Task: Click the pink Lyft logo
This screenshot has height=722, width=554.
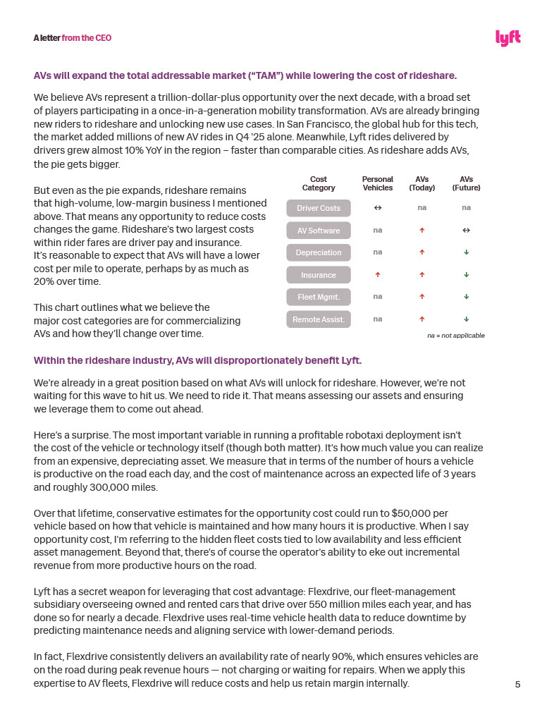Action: pos(507,38)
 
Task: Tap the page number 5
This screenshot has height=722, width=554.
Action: pos(517,685)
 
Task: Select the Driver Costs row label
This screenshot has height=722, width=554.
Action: pos(318,208)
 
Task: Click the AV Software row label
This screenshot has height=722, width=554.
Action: pos(318,231)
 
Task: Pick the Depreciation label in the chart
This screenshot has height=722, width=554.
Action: pos(318,252)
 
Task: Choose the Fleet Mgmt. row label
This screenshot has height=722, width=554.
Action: pos(318,297)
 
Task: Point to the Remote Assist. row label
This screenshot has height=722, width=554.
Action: pos(318,319)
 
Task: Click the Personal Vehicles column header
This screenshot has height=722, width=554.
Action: pos(377,183)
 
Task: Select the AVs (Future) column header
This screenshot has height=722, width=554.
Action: pos(466,183)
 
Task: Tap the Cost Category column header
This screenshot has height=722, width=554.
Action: pos(318,183)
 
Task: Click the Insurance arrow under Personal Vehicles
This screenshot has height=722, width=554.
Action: pos(378,275)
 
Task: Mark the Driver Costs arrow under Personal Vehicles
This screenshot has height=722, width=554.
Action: pos(378,208)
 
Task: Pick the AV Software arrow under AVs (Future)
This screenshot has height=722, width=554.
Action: pos(466,231)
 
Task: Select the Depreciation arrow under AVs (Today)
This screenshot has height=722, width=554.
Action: pos(421,252)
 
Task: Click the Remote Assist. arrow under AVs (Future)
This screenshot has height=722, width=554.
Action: pos(466,319)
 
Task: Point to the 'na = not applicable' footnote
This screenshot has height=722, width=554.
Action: pos(455,336)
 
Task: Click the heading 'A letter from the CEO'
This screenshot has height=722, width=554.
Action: pos(72,37)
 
